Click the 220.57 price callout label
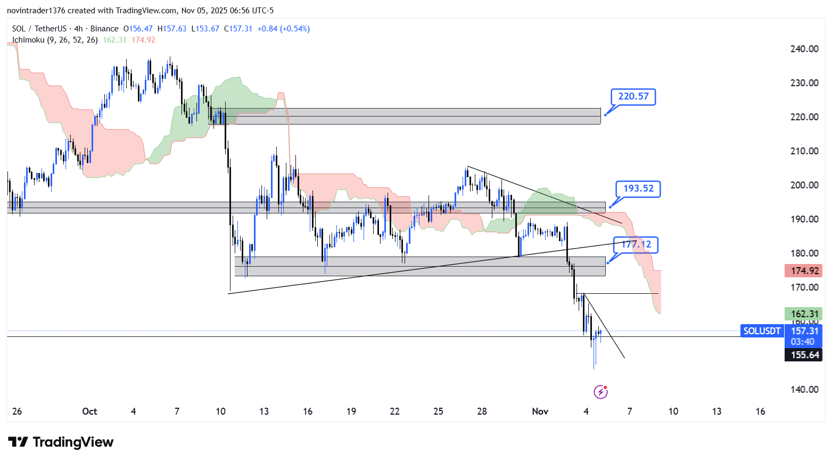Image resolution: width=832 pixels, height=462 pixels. (x=633, y=96)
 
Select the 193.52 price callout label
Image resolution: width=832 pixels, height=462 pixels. (x=638, y=188)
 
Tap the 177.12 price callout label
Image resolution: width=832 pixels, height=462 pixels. (x=636, y=244)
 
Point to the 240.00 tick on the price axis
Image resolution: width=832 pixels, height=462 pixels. (x=804, y=49)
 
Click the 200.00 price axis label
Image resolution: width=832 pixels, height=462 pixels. (x=804, y=185)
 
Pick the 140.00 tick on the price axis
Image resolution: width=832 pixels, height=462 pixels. (x=804, y=390)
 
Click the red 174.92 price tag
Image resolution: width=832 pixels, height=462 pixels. (x=804, y=271)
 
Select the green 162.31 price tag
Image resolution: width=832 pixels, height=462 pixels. (x=804, y=314)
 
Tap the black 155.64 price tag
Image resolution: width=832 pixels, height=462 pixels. (x=804, y=355)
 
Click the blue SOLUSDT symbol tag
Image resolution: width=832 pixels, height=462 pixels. (x=762, y=331)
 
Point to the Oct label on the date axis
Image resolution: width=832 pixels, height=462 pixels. (x=89, y=411)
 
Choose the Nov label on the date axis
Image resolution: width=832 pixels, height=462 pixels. (x=540, y=411)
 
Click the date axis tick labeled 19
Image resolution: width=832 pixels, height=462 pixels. (x=351, y=411)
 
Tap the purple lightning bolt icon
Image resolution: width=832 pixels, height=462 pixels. (x=600, y=392)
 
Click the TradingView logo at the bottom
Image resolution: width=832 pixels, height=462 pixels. (x=61, y=442)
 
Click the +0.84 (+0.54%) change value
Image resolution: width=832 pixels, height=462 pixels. (x=283, y=29)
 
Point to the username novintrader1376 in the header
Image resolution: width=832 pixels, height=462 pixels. (x=36, y=11)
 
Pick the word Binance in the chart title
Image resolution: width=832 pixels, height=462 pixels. (x=104, y=29)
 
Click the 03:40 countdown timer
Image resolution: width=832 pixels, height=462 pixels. (x=802, y=342)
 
